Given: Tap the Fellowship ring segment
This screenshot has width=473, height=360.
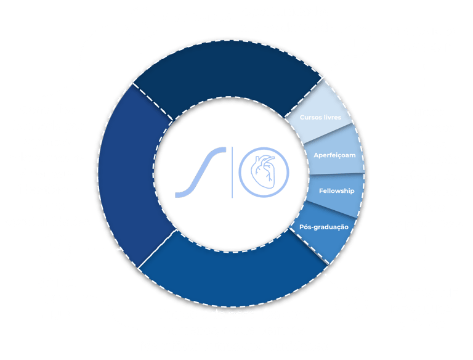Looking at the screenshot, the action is point(336,190).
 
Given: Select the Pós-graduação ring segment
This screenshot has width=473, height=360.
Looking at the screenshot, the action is point(323,227).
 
